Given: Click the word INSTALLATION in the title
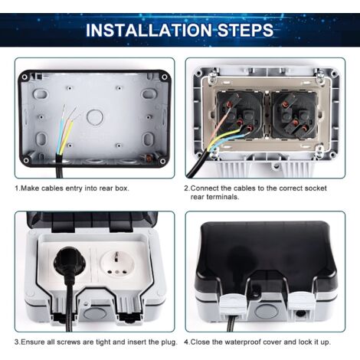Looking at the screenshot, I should click(x=146, y=31).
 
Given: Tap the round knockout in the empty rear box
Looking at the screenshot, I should click(x=94, y=117).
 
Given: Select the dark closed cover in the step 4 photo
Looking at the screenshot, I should click(x=265, y=253).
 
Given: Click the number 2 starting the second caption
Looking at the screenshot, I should click(x=186, y=188).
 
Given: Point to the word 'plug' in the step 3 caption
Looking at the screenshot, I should click(x=169, y=341).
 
